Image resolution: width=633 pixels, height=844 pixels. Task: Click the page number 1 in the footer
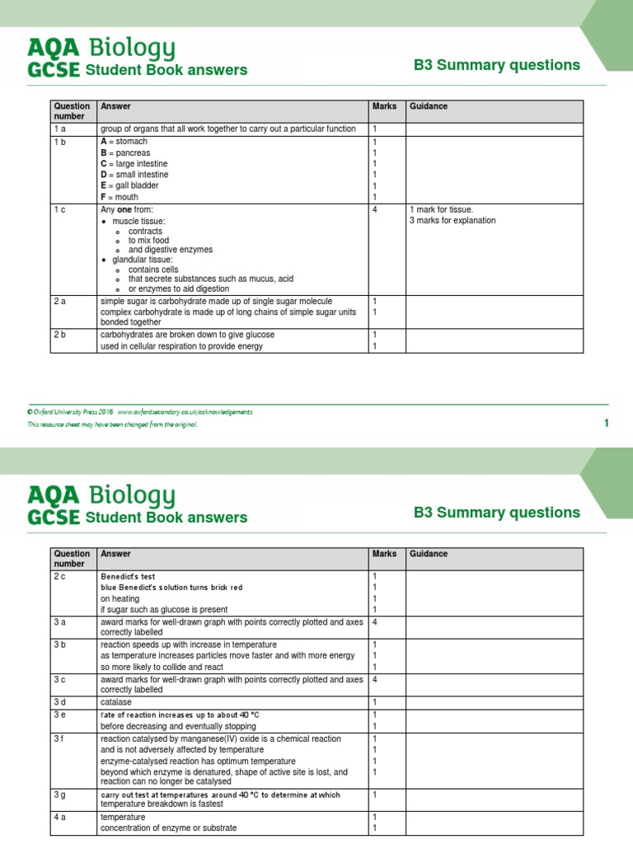pos(606,423)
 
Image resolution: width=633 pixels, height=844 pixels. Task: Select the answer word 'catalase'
pos(117,702)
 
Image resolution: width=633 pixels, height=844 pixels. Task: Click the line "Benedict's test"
pos(128,576)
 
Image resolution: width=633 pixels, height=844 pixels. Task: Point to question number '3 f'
pos(59,739)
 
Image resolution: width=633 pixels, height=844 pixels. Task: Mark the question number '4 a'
pos(60,817)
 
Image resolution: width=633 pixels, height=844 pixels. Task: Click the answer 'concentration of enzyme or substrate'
pos(169,828)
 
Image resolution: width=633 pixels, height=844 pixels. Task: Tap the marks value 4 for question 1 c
pos(375,209)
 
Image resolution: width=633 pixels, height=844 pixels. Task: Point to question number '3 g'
pos(60,795)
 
